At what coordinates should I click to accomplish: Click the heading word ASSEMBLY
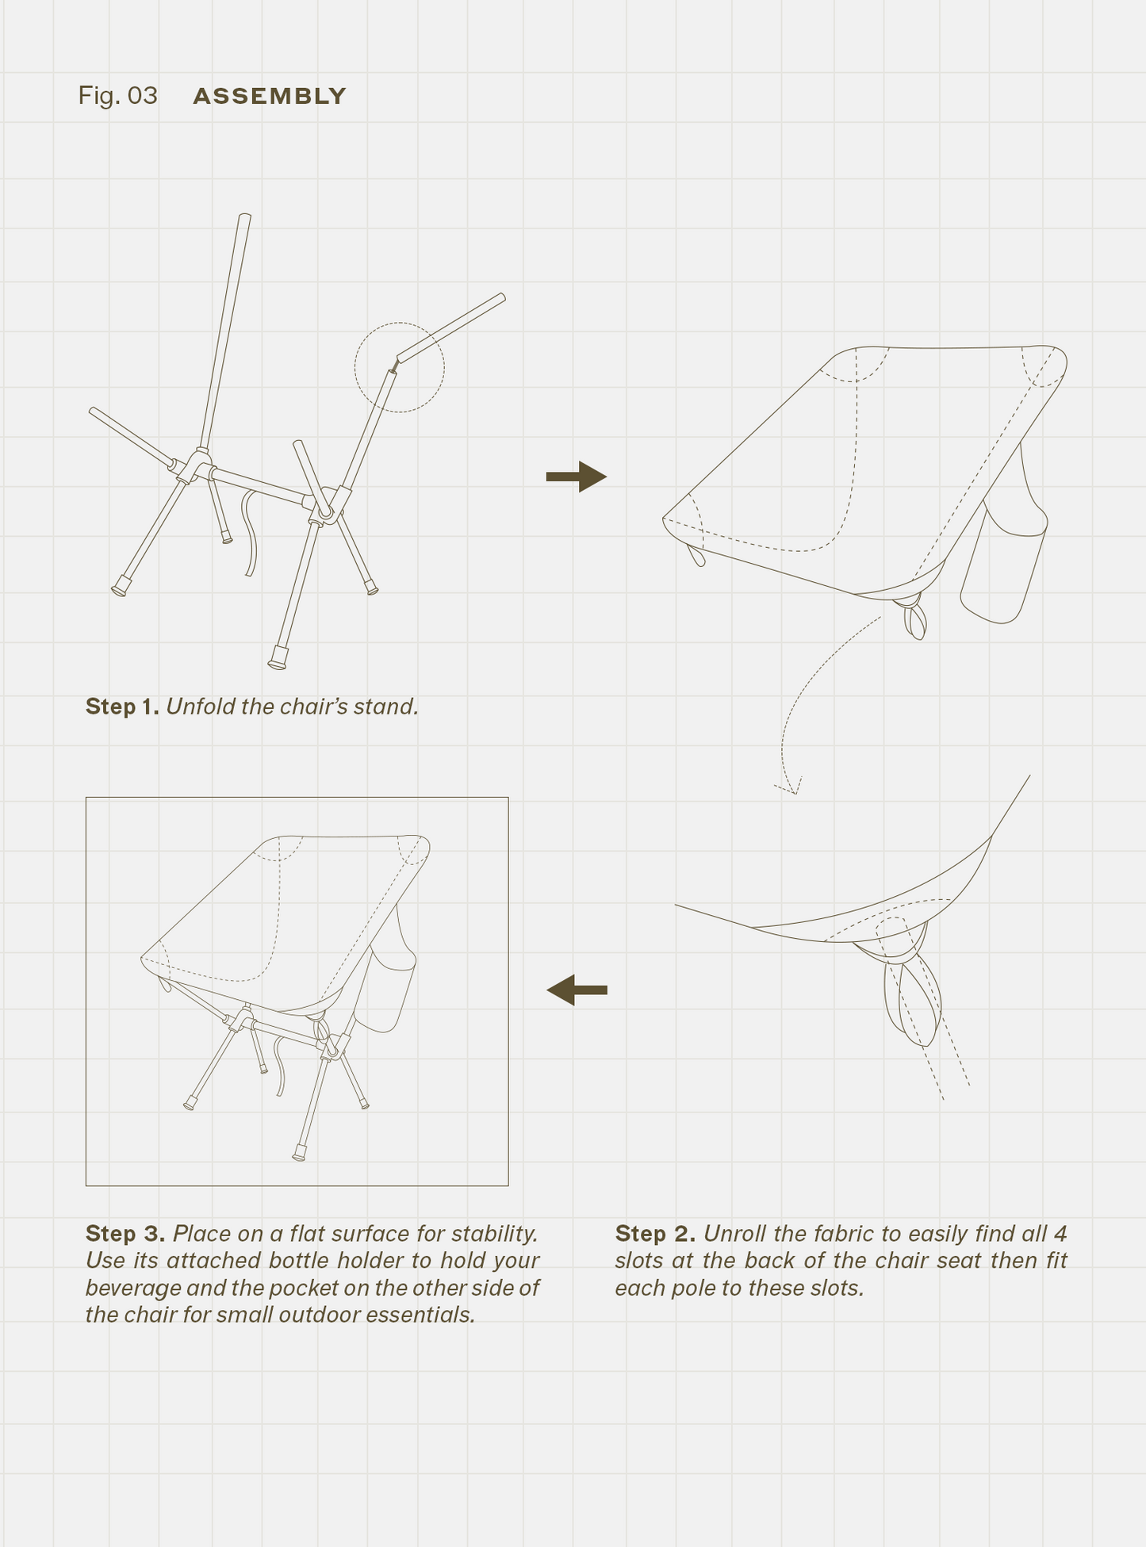click(x=270, y=96)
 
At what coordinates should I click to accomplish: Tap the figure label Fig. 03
click(x=117, y=96)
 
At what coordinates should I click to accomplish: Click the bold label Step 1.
click(x=122, y=706)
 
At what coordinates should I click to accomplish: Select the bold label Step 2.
click(x=655, y=1234)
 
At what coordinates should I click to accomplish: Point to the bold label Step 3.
click(x=125, y=1234)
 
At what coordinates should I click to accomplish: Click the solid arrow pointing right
click(x=577, y=477)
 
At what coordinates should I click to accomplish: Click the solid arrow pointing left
click(x=577, y=990)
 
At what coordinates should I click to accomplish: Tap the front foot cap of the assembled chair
click(x=299, y=1153)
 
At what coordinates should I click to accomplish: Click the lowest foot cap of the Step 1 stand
click(x=278, y=659)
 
